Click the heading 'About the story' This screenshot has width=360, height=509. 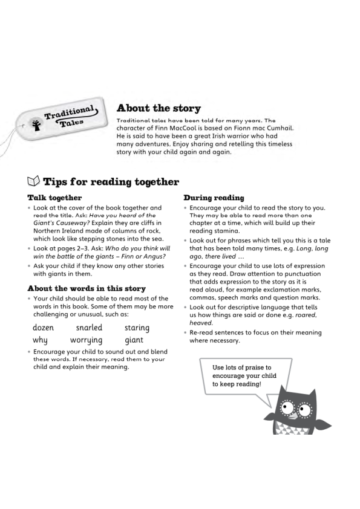158,108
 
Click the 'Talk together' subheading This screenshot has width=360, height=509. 54,198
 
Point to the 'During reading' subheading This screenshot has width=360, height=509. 214,198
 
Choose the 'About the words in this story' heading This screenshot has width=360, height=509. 87,288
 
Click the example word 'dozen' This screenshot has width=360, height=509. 44,328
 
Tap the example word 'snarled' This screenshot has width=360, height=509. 89,328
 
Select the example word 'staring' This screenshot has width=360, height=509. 137,328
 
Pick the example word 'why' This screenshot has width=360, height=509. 40,340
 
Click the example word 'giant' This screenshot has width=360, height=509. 134,340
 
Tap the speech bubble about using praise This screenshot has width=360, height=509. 244,376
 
